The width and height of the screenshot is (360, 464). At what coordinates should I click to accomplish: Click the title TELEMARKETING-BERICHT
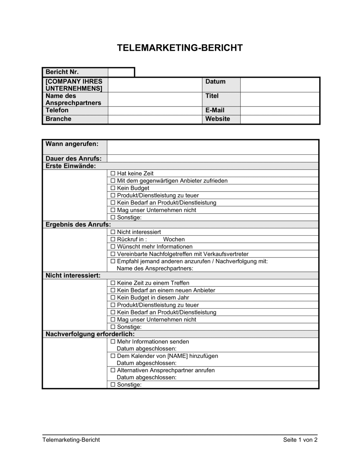click(x=180, y=48)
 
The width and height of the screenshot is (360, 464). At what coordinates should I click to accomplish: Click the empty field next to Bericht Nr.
click(x=121, y=72)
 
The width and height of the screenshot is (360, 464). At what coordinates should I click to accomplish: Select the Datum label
click(x=215, y=82)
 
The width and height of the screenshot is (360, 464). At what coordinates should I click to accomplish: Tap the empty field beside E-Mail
click(x=280, y=110)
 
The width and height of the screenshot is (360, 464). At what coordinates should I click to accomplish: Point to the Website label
click(x=217, y=119)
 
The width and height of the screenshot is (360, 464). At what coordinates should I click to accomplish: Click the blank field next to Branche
click(x=155, y=119)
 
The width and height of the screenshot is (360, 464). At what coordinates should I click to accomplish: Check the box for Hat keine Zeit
click(x=113, y=173)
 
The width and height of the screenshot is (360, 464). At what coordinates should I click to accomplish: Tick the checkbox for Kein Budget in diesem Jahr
click(x=113, y=297)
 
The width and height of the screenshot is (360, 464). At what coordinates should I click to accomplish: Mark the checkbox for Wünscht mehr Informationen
click(x=113, y=247)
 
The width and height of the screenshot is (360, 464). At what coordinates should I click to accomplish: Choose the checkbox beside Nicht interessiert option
click(x=113, y=232)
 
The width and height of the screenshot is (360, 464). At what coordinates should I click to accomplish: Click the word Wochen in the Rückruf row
click(x=174, y=240)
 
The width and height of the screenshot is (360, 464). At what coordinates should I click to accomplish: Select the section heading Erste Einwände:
click(x=71, y=166)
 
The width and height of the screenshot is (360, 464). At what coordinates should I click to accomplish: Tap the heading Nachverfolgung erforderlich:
click(x=90, y=334)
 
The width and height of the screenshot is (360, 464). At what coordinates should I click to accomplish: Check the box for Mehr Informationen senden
click(x=113, y=342)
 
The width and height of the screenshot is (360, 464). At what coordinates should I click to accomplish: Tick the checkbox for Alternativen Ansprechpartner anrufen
click(x=113, y=370)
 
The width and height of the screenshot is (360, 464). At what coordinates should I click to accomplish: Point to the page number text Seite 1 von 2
click(x=300, y=440)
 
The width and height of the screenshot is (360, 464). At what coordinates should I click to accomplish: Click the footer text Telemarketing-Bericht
click(x=71, y=440)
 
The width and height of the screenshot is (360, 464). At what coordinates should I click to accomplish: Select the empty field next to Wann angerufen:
click(x=212, y=147)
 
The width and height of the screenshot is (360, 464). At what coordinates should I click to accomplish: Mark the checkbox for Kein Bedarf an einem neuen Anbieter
click(x=113, y=290)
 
